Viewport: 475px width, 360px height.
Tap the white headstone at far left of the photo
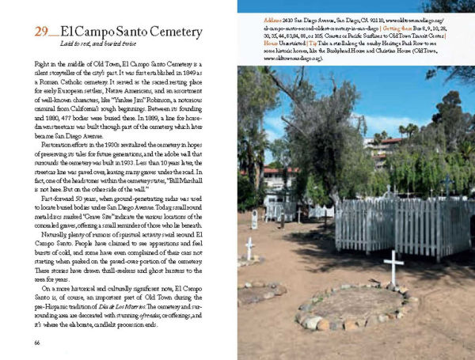pos(254,219)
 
